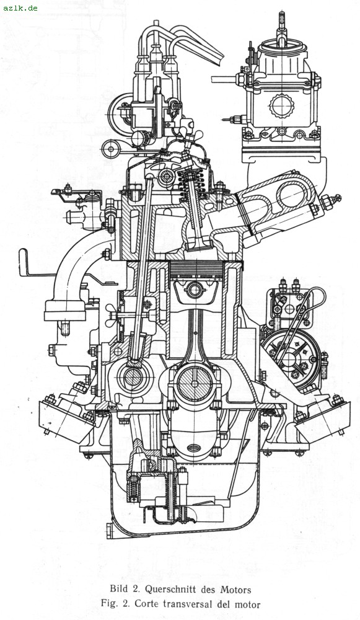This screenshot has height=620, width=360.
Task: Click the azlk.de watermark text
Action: point(20,7)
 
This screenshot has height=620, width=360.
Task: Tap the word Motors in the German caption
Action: point(235,590)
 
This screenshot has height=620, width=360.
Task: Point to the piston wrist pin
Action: point(195,290)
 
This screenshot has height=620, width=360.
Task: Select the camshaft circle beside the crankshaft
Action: point(133,378)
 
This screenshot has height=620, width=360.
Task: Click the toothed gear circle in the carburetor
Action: point(282,105)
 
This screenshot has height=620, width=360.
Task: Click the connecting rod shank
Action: point(195,332)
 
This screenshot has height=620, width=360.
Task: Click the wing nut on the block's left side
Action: point(113,315)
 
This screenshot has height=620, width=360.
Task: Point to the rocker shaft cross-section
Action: point(166,176)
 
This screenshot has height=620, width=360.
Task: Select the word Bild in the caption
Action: point(118,590)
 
